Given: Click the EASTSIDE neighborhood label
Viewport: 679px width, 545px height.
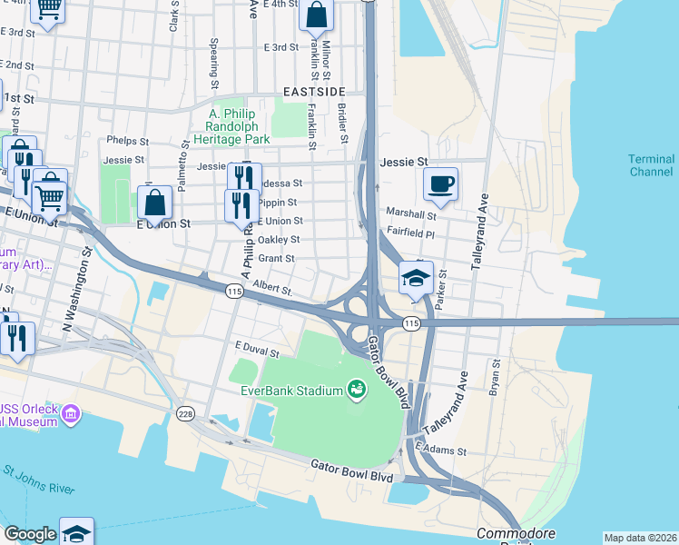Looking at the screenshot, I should tap(314, 93).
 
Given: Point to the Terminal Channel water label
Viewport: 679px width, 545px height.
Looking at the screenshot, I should tap(652, 165).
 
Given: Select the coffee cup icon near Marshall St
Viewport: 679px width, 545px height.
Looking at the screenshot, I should tap(440, 184).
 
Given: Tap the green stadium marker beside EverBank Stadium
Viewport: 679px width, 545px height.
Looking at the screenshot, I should tap(357, 390).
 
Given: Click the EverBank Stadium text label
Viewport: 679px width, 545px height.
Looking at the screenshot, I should tap(290, 391).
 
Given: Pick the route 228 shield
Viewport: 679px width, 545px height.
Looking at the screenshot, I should tap(186, 414).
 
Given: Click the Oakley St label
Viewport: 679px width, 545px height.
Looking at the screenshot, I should tap(279, 240).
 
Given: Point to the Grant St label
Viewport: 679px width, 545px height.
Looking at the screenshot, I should tap(276, 259).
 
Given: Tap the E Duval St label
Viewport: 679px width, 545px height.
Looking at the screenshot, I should tap(254, 346).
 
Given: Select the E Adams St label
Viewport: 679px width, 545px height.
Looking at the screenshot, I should tap(440, 450).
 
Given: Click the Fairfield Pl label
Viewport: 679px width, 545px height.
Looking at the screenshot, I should tap(411, 233).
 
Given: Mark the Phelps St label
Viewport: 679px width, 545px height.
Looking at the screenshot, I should tap(126, 141).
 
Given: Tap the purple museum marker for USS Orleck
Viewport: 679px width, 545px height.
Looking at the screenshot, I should tap(71, 414).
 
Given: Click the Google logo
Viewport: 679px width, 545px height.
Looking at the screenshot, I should tap(29, 534).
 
